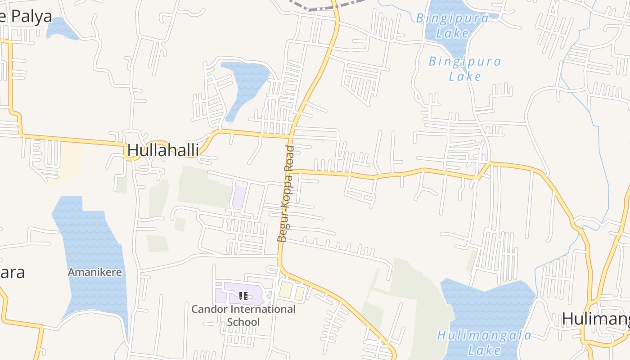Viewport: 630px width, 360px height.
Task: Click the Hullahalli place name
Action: pos(163,150)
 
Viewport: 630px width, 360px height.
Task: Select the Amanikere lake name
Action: pos(94,272)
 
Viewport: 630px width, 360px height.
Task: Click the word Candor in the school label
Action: pos(210,310)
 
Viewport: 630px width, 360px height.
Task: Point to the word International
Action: pos(263,310)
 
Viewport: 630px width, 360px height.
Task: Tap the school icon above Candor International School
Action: pos(243,296)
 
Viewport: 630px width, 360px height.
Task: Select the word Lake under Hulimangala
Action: pos(484,350)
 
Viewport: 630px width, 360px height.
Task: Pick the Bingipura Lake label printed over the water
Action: pos(452,25)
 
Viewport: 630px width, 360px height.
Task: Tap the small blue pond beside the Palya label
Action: pos(60,29)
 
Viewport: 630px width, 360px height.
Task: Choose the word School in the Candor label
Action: pos(243,322)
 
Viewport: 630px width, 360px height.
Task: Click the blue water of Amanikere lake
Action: pos(92,238)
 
